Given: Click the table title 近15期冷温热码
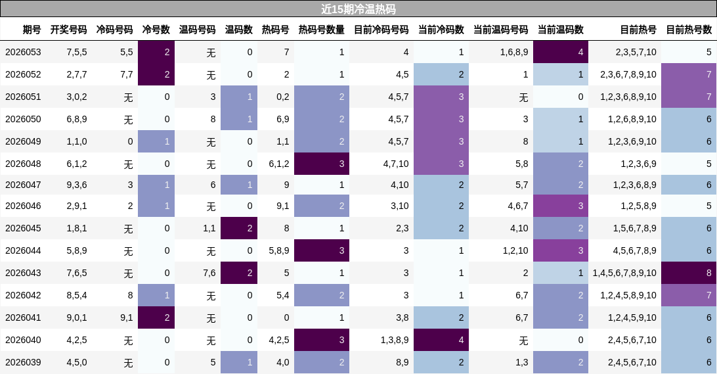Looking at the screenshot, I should tap(358, 9).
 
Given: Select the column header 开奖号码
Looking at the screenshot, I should tap(68, 30).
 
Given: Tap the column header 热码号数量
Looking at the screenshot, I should tap(321, 30).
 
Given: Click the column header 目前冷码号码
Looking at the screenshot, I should tap(381, 30).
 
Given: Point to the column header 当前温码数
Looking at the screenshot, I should tap(560, 30).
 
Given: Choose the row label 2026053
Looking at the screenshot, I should tap(23, 52).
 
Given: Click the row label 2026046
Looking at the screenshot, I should tap(23, 206).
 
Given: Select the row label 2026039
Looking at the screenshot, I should tap(23, 362).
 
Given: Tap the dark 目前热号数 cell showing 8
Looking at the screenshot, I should tap(689, 273).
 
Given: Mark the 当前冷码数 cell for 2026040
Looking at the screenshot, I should tap(441, 340).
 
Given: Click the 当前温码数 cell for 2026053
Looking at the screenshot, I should tap(560, 52).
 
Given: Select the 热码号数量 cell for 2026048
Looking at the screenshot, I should tap(322, 164).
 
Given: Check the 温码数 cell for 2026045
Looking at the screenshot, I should tap(239, 228).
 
